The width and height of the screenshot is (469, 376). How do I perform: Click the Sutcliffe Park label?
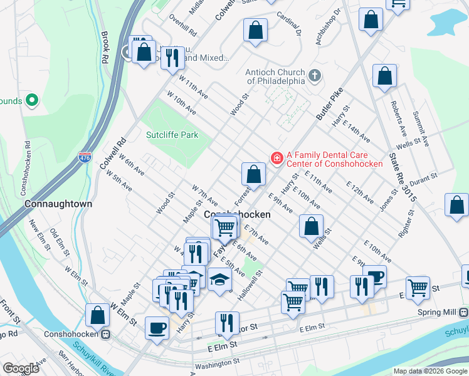172,135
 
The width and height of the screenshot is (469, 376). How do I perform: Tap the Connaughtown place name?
58,204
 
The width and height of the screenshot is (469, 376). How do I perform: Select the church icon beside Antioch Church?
315,76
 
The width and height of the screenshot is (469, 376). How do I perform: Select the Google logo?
21,368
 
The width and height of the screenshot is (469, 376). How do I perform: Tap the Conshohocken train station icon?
107,334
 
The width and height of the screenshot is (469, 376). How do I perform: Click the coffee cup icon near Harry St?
157,327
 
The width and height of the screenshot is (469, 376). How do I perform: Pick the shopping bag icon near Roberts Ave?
384,76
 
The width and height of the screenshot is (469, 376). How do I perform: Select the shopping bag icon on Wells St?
311,226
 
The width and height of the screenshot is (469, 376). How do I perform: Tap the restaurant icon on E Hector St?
227,323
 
